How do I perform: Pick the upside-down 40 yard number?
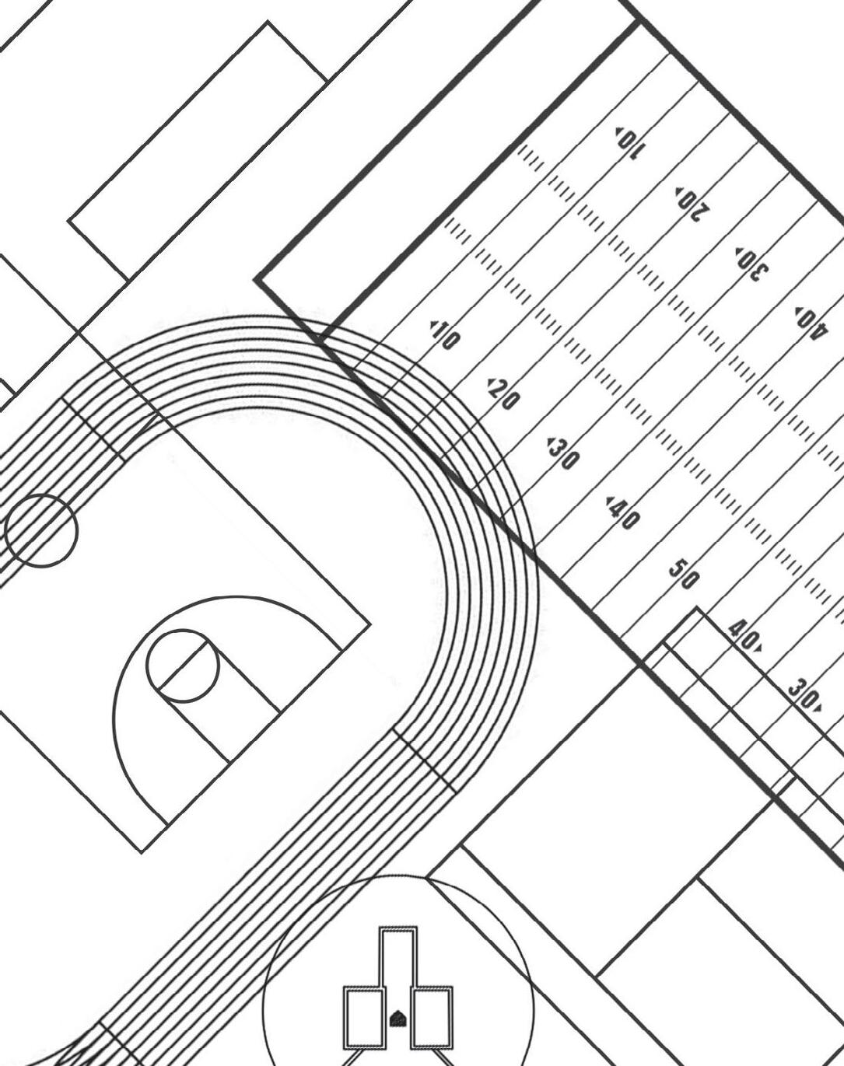[810, 323]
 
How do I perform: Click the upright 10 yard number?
[446, 335]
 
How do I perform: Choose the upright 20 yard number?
[504, 395]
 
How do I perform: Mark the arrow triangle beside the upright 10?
[433, 324]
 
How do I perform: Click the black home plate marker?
[397, 1018]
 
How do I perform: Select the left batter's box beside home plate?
[364, 1018]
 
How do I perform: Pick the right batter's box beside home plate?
[432, 1018]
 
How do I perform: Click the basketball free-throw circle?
[182, 666]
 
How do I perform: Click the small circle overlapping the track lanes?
[41, 530]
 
